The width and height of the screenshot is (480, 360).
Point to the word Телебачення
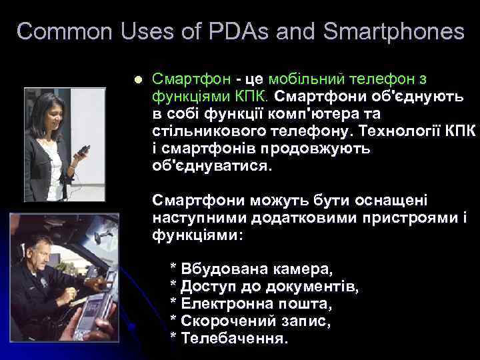(x=234, y=339)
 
